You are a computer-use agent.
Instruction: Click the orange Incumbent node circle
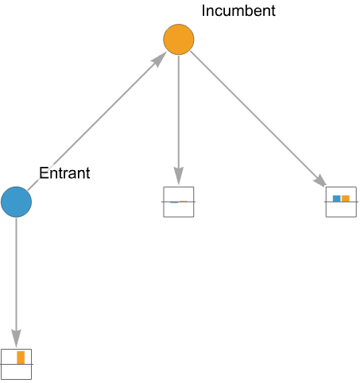coord(179,40)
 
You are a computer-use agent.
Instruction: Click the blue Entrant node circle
coord(16,202)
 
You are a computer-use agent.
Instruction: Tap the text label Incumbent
coord(238,11)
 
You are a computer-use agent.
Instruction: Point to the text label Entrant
coord(64,173)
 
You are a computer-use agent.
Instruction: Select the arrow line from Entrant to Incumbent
coord(97,121)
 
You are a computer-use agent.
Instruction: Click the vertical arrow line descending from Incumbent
coord(179,120)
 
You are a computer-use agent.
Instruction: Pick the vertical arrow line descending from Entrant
coord(16,282)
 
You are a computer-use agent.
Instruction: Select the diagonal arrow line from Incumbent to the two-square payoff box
coord(258,119)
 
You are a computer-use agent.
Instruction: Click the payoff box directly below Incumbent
coord(179,202)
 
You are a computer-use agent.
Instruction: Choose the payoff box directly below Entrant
coord(16,364)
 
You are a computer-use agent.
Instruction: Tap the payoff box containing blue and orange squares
coord(341,202)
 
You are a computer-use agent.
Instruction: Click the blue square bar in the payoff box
coord(337,199)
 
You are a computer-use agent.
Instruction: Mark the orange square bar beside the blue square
coord(346,199)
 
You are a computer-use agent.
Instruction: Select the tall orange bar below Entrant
coord(21,358)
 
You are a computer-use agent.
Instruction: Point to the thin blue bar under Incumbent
coord(174,203)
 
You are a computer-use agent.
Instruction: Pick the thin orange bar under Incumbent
coord(183,202)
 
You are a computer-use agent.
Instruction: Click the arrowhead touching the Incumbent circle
coord(159,60)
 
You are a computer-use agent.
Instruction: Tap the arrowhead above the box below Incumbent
coord(179,176)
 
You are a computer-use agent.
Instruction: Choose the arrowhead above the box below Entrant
coord(16,339)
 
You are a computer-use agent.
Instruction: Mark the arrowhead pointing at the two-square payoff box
coord(320,180)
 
